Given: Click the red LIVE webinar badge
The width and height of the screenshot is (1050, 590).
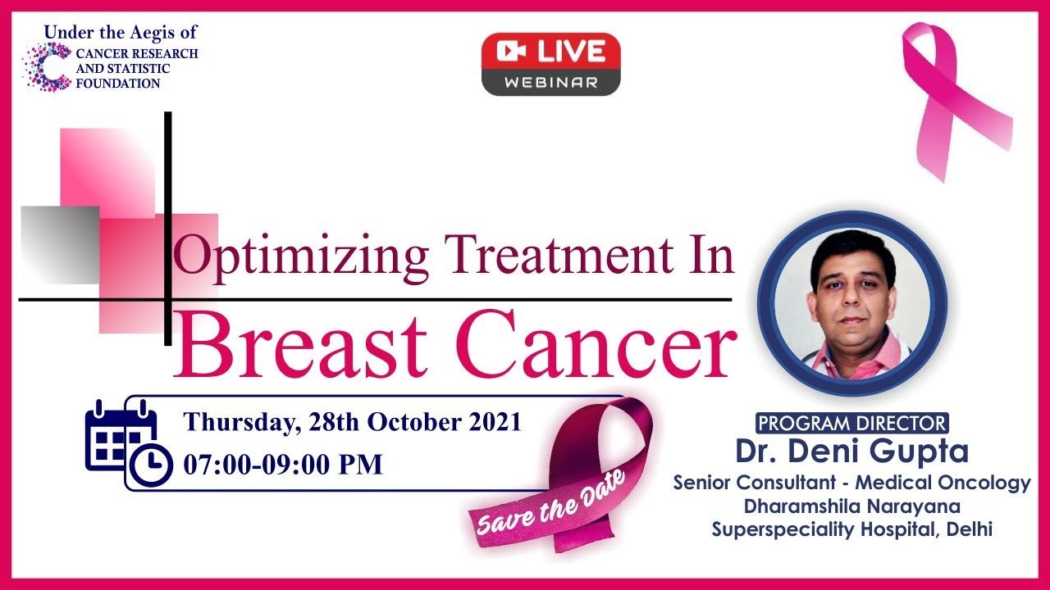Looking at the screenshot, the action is pyautogui.click(x=550, y=64).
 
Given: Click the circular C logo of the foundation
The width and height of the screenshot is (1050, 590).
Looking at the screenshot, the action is pyautogui.click(x=47, y=66).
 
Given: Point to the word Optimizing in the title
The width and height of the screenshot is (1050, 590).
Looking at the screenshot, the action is pyautogui.click(x=300, y=256).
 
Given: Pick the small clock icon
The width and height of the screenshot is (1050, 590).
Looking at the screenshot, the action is pyautogui.click(x=151, y=465).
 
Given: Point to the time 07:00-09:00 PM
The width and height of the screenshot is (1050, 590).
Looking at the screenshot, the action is pyautogui.click(x=283, y=465).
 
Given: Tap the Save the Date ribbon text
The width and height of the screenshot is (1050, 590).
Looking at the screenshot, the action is pyautogui.click(x=550, y=504).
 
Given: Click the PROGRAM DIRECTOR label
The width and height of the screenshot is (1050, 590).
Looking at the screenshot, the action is pyautogui.click(x=852, y=423).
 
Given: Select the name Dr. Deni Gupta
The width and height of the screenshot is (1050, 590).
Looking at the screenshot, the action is pyautogui.click(x=852, y=451).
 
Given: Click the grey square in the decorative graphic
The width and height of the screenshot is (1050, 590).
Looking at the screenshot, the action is pyautogui.click(x=60, y=245).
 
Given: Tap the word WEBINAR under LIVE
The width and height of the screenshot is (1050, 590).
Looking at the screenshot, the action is pyautogui.click(x=550, y=83).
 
